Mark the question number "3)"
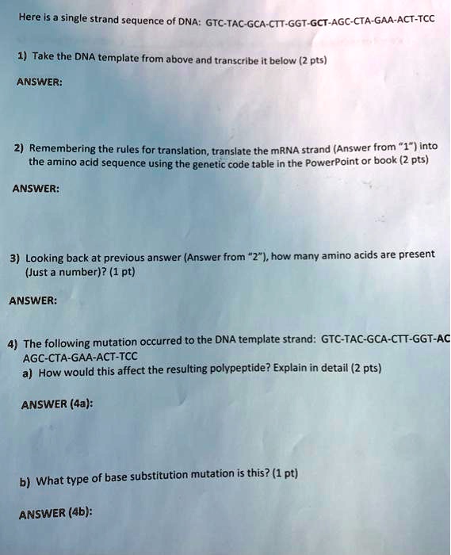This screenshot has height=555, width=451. tap(15, 258)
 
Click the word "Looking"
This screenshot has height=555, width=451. tap(47, 258)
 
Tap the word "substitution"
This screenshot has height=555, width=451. tap(166, 477)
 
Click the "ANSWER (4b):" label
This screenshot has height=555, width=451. tap(55, 512)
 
